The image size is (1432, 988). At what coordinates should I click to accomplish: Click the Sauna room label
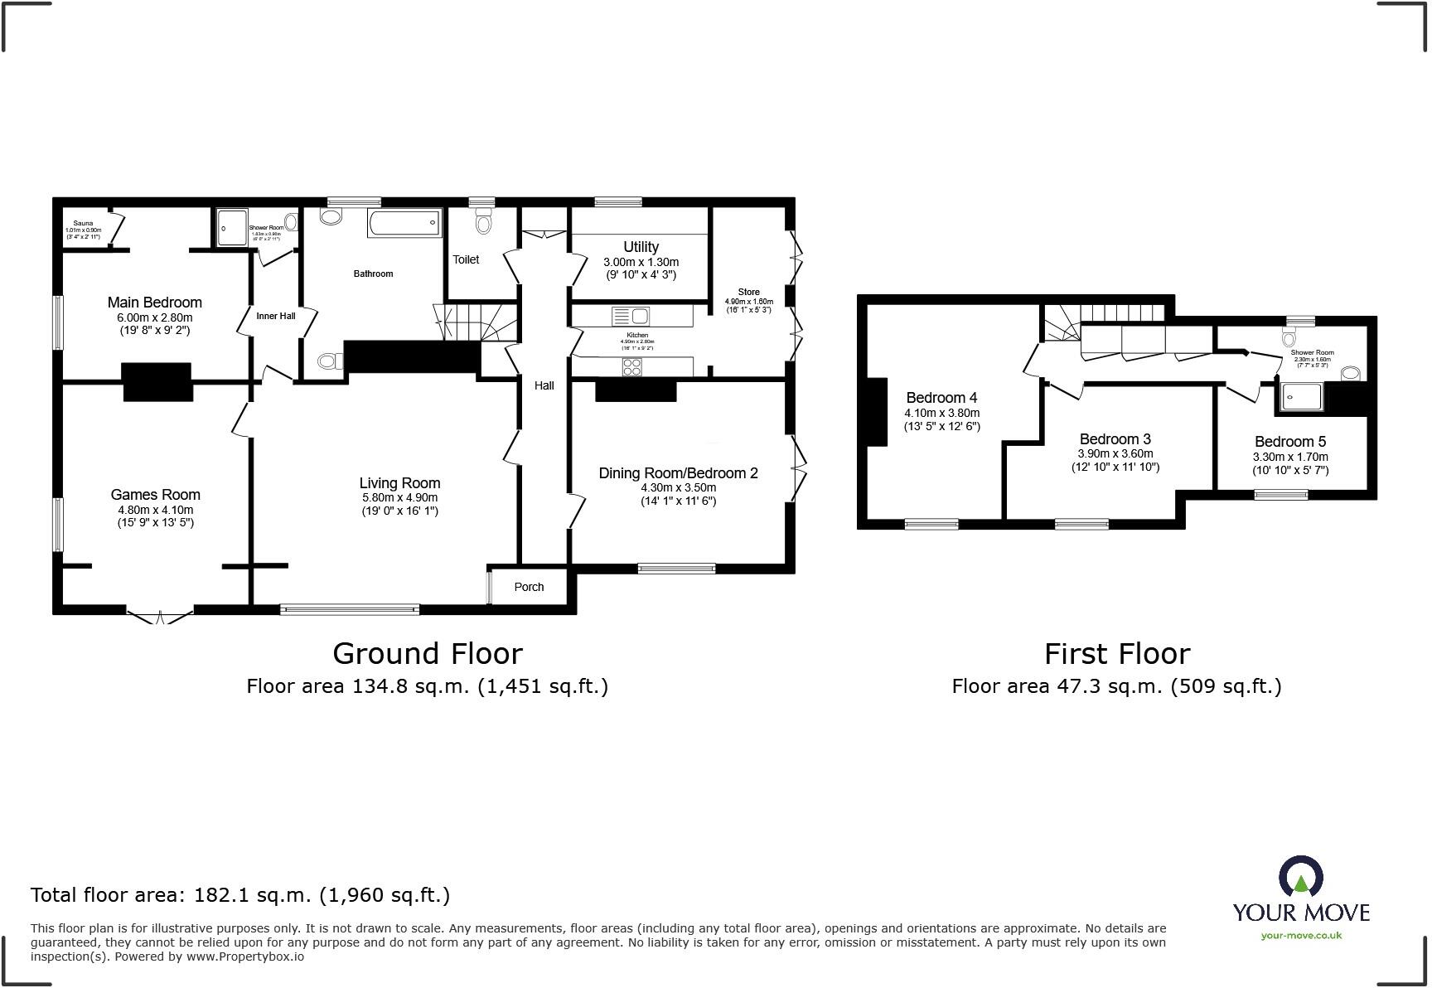pos(83,223)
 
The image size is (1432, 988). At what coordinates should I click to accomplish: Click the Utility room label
pos(641,247)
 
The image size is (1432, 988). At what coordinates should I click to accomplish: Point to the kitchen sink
pos(631,316)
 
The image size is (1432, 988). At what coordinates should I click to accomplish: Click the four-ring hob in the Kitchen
pos(631,366)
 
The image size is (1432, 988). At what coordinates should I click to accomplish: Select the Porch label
pos(529,587)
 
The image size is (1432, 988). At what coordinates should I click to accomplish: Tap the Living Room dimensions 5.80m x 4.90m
pos(399,497)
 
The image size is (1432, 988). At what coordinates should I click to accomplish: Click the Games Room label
pos(156,495)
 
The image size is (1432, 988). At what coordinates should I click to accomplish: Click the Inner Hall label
pos(276,316)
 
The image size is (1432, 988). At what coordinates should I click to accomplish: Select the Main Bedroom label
pos(155,303)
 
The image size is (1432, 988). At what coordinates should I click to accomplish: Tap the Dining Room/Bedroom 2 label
pos(678,473)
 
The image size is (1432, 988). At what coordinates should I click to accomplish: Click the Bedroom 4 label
pos(941,398)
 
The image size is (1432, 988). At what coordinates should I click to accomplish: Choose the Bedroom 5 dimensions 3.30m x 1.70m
pos(1290,457)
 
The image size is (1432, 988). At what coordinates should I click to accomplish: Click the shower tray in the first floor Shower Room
pos(1301,396)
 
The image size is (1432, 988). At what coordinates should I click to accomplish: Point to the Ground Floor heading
pos(428,653)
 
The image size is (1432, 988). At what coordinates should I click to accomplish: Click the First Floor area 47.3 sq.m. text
pos(1116,686)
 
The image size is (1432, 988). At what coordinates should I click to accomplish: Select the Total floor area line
pos(240,895)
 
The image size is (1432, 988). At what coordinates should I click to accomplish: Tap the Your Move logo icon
pos(1300,876)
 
